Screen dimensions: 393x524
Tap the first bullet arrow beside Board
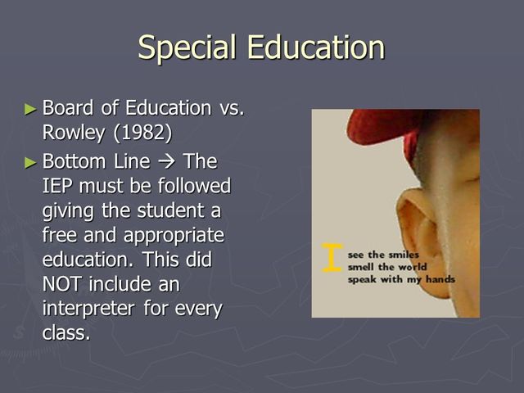[x=31, y=108]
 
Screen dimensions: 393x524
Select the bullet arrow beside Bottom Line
[x=31, y=160]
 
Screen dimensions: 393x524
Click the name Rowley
[x=72, y=133]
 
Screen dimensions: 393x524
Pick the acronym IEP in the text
[x=59, y=186]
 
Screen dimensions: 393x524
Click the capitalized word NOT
[x=63, y=286]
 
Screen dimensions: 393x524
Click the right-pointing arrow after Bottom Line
[x=166, y=160]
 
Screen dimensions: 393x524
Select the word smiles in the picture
[x=402, y=255]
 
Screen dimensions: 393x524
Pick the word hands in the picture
[x=439, y=279]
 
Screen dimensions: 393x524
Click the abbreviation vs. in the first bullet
[x=229, y=108]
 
